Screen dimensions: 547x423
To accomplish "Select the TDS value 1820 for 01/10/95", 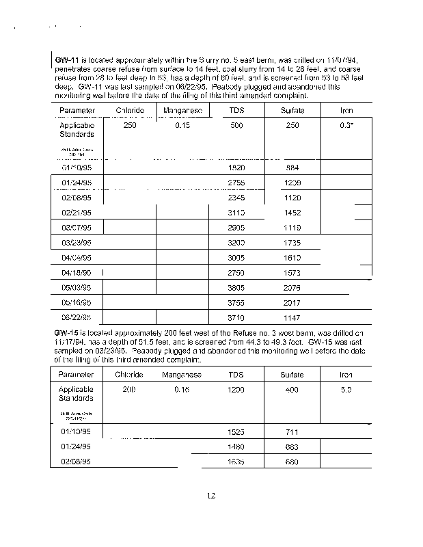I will tap(236, 168).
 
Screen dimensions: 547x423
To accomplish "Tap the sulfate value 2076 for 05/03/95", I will tap(292, 289).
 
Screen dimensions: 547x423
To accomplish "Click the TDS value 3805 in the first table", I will tap(236, 289).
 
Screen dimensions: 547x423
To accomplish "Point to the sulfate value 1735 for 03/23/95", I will tap(292, 243).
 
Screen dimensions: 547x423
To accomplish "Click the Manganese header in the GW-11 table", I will tap(181, 110).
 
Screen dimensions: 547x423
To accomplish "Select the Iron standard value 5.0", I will tap(346, 389).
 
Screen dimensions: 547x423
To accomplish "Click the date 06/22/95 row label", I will tap(77, 319).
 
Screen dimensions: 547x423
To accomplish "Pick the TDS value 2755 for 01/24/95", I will tap(236, 183).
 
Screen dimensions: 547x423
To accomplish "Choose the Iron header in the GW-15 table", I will tap(346, 375).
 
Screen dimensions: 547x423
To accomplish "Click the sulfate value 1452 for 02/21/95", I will tap(292, 213).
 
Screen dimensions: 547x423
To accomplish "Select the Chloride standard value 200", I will tap(130, 389).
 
